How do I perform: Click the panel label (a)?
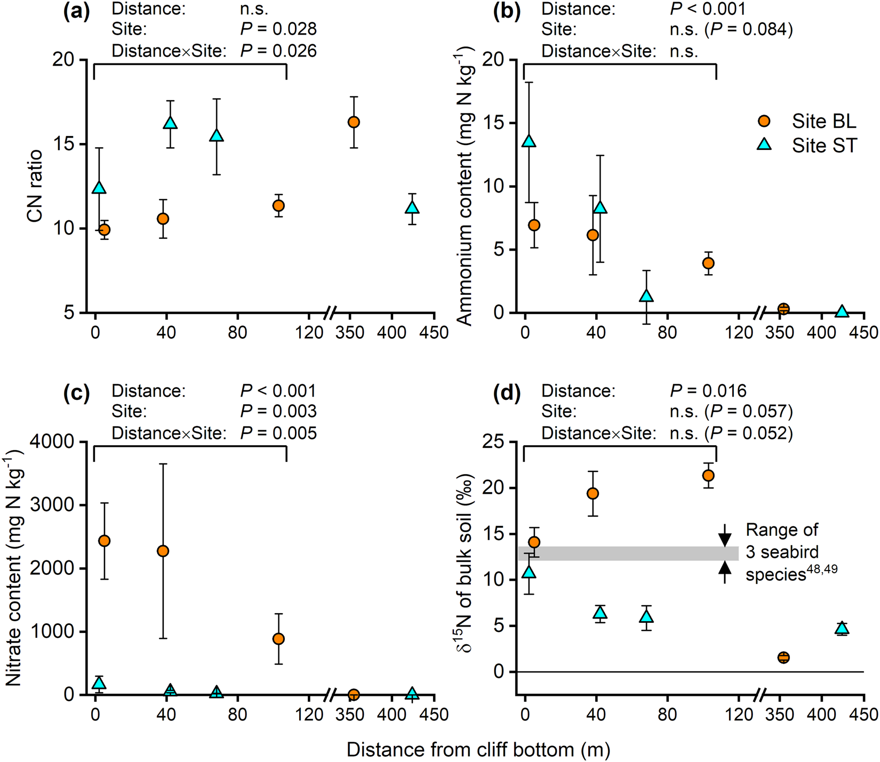tap(76, 10)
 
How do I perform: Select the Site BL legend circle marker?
tap(764, 121)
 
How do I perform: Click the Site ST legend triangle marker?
tap(764, 145)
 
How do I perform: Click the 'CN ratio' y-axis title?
tap(35, 186)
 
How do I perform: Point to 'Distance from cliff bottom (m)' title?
tap(478, 749)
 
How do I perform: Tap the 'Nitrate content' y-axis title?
tap(14, 568)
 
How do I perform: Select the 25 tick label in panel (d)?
tap(493, 442)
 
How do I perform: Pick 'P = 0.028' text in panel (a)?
tap(278, 29)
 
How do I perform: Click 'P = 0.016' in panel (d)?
tap(708, 391)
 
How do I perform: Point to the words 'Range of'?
tap(781, 530)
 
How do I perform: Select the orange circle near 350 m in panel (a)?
tap(354, 122)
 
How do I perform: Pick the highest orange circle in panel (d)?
tap(708, 475)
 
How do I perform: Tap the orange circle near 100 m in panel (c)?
tap(278, 639)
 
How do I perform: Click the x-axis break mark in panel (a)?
tap(331, 313)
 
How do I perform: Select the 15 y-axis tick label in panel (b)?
tap(493, 123)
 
